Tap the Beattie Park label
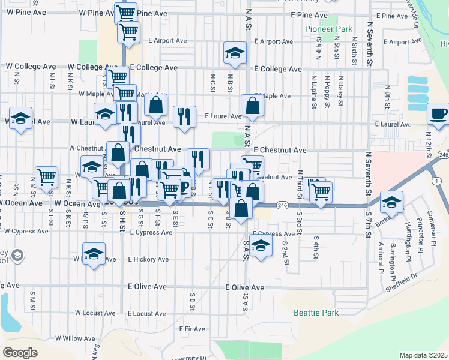(x=316, y=313)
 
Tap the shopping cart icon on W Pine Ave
(x=126, y=13)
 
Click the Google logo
(x=20, y=353)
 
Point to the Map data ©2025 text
(x=423, y=355)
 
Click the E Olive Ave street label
(x=244, y=288)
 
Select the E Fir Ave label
(x=192, y=329)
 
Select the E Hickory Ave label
(x=148, y=259)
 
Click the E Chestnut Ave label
(x=280, y=150)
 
